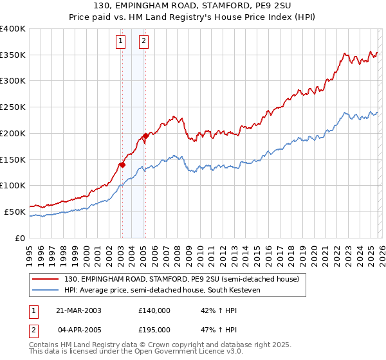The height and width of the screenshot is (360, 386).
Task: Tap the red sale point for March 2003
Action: (122, 165)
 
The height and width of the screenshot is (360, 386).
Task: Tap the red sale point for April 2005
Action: (145, 136)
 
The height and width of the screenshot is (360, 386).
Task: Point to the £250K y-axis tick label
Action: (13, 107)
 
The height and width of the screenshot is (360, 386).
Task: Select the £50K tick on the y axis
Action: (15, 212)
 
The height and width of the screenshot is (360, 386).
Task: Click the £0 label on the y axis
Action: (21, 238)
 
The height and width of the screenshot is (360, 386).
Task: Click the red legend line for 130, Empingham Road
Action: (45, 280)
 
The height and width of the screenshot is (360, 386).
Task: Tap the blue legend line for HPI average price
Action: (45, 291)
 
